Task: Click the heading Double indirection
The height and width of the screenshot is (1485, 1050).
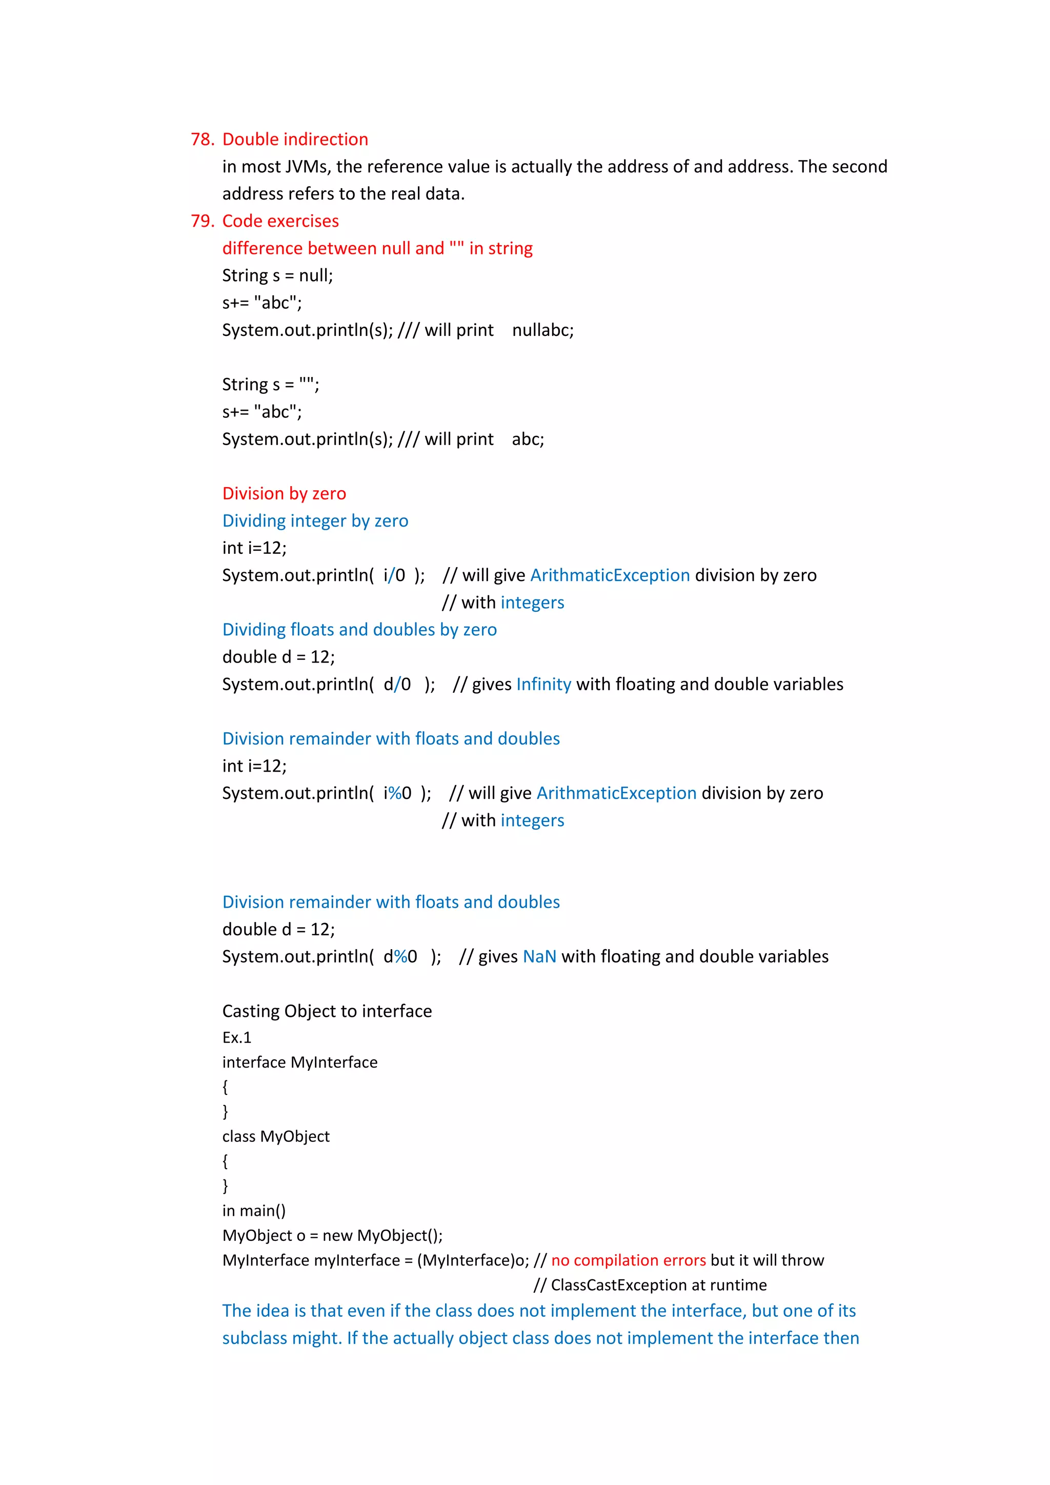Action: (x=295, y=139)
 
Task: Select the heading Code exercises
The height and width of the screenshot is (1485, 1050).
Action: (x=280, y=221)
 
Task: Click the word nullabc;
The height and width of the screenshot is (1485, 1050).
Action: (x=542, y=331)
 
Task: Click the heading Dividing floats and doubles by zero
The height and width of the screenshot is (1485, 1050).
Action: (x=359, y=630)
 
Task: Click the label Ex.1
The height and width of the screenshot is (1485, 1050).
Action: (x=237, y=1037)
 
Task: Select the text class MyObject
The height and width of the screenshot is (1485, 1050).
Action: (x=275, y=1136)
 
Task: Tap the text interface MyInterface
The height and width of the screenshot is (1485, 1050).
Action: (x=299, y=1062)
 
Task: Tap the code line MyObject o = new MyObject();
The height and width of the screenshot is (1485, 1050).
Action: (x=332, y=1235)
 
